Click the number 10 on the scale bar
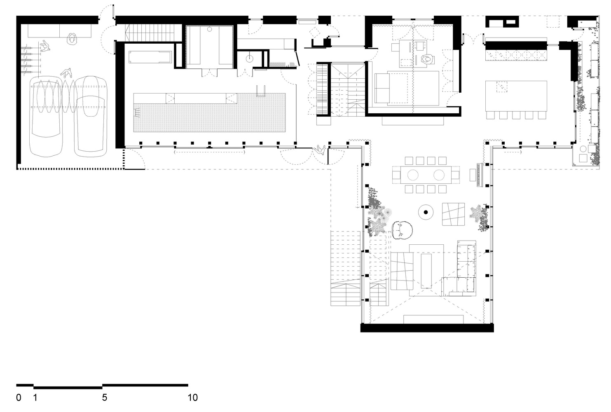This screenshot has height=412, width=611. coord(192,398)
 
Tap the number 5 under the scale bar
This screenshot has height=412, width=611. coord(105,398)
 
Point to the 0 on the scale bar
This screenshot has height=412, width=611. coord(19,398)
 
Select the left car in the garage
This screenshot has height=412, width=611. coord(46,117)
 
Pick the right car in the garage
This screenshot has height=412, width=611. coord(91,117)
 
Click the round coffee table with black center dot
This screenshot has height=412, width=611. coord(426,212)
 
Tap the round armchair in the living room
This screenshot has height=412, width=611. coord(402,230)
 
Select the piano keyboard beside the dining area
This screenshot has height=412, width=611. coord(480,175)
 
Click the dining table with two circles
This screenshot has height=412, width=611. coord(426,175)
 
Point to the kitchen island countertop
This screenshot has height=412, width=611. coord(516,96)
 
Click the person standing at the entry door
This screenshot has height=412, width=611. coord(319,150)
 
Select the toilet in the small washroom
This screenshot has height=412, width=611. coord(249,59)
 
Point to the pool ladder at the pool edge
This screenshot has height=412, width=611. coord(260,91)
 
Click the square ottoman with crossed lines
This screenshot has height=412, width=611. coord(453,214)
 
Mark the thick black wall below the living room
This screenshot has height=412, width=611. coord(427,328)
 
